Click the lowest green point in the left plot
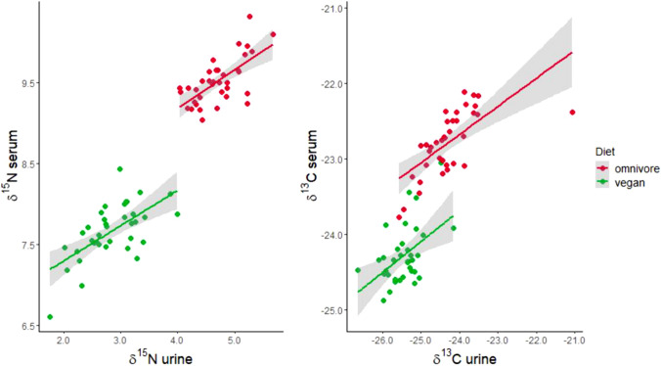pos(50,317)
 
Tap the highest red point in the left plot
pos(249,17)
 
